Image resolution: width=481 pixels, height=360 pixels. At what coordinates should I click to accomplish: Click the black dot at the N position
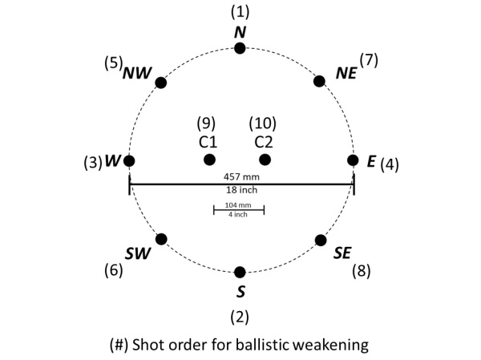point(240,49)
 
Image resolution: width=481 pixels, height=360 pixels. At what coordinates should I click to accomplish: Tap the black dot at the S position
point(240,273)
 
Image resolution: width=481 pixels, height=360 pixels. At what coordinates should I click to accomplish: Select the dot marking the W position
point(129,160)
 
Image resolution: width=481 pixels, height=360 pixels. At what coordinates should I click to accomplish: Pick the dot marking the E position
point(352,160)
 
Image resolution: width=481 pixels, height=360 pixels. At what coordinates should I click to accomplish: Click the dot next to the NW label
point(160,82)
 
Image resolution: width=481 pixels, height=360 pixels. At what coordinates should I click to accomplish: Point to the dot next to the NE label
point(319,81)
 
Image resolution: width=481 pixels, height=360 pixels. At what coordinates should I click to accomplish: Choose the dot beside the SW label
point(161,239)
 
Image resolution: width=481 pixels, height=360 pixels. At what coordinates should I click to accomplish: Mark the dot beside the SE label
point(320,240)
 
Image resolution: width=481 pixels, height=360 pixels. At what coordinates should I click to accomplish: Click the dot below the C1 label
point(209,160)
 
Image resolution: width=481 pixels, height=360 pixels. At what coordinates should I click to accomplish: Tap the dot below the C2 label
point(265,160)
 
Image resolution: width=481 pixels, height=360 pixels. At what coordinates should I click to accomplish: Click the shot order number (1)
point(240,12)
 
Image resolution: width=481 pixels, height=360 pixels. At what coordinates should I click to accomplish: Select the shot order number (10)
point(263,123)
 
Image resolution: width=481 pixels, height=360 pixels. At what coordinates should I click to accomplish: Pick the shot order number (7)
point(368,59)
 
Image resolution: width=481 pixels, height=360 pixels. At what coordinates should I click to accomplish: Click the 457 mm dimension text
point(241,176)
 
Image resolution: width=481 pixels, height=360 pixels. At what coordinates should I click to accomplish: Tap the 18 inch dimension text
point(240,191)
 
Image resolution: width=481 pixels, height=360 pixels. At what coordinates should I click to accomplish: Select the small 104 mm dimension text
point(238,205)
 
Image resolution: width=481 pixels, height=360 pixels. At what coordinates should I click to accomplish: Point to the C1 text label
point(208,142)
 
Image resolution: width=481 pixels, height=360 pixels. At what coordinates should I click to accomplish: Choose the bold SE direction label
point(342,253)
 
